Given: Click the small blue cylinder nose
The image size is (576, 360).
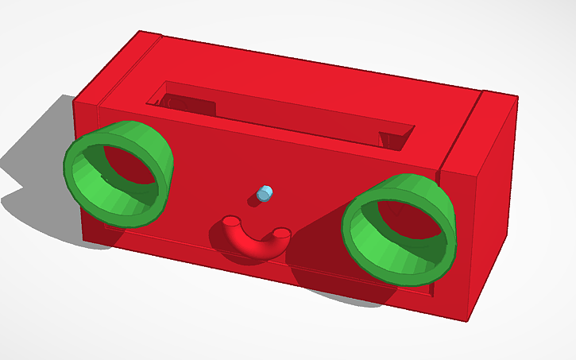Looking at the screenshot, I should [x=265, y=192].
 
